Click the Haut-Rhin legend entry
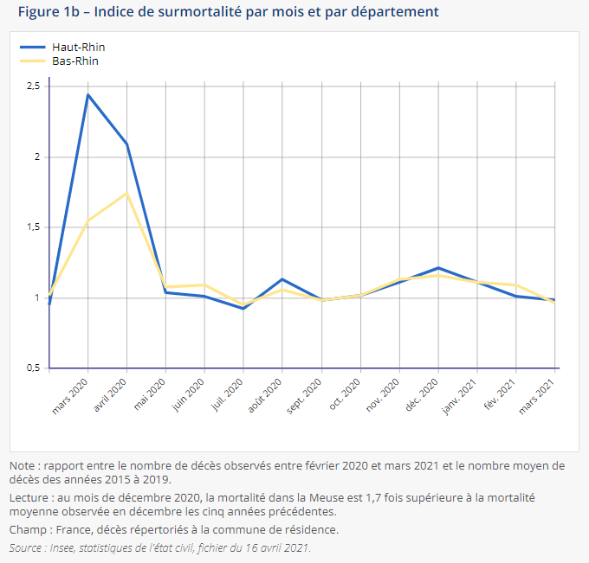(x=79, y=48)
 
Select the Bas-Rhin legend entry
(x=77, y=61)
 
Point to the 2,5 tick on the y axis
(x=34, y=86)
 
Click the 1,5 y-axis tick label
(x=34, y=227)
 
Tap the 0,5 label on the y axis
(x=34, y=368)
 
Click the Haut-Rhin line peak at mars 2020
(x=87, y=94)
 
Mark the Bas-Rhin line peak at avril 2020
(x=127, y=193)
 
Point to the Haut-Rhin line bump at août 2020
(x=282, y=279)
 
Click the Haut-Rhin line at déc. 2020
(x=438, y=268)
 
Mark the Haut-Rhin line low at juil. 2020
(x=243, y=308)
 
